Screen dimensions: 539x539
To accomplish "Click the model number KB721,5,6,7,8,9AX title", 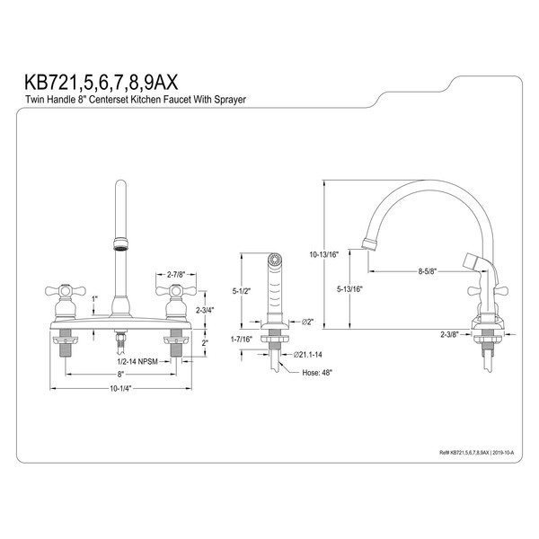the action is click(x=101, y=83).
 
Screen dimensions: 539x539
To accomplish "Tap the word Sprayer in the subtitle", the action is click(x=230, y=100).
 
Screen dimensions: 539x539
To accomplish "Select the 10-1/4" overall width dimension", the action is click(x=120, y=388).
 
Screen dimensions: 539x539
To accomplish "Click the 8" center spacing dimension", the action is click(x=120, y=374).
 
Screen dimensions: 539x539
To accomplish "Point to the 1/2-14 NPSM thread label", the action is click(x=137, y=361).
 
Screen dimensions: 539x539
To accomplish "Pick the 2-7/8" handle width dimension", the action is click(x=176, y=274).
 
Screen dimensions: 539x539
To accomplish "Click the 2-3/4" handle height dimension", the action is click(x=205, y=310).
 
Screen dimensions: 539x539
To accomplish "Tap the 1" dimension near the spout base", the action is click(x=94, y=298).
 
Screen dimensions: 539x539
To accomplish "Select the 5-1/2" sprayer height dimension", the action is click(x=242, y=291).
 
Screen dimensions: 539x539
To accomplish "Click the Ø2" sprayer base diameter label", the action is click(x=307, y=323).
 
